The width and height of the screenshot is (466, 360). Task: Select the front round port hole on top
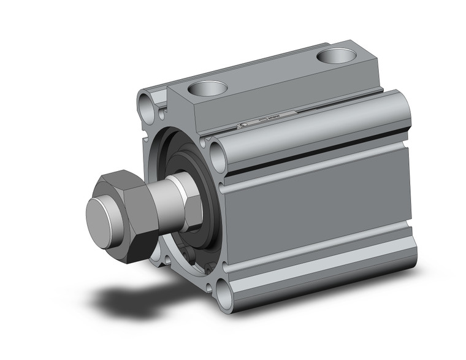[x=206, y=89]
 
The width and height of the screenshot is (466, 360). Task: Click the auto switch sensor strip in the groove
[x=270, y=118]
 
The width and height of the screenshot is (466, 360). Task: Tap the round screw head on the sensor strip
[x=242, y=126]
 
